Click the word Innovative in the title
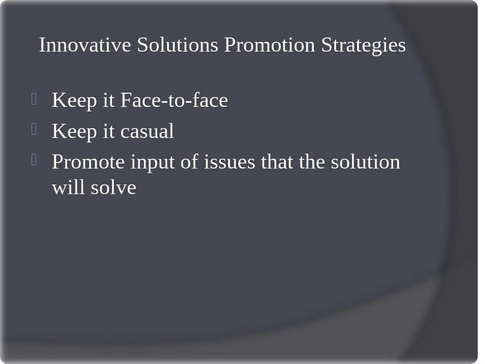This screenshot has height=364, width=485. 85,45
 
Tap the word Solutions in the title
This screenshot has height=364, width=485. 178,45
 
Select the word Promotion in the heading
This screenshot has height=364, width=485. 269,45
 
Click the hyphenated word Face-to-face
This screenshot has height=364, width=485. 174,100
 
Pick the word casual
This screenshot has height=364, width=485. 147,131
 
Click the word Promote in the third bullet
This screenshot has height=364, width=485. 88,162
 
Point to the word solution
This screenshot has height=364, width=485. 366,162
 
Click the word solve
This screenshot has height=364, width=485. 114,187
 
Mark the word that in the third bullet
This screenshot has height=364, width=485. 277,162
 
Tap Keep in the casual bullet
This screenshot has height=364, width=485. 74,132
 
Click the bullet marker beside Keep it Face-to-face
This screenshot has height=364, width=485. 34,99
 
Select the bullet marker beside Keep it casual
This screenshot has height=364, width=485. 34,129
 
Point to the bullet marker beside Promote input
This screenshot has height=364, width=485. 34,159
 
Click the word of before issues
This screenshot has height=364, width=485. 190,162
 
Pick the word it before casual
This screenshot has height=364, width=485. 109,131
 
